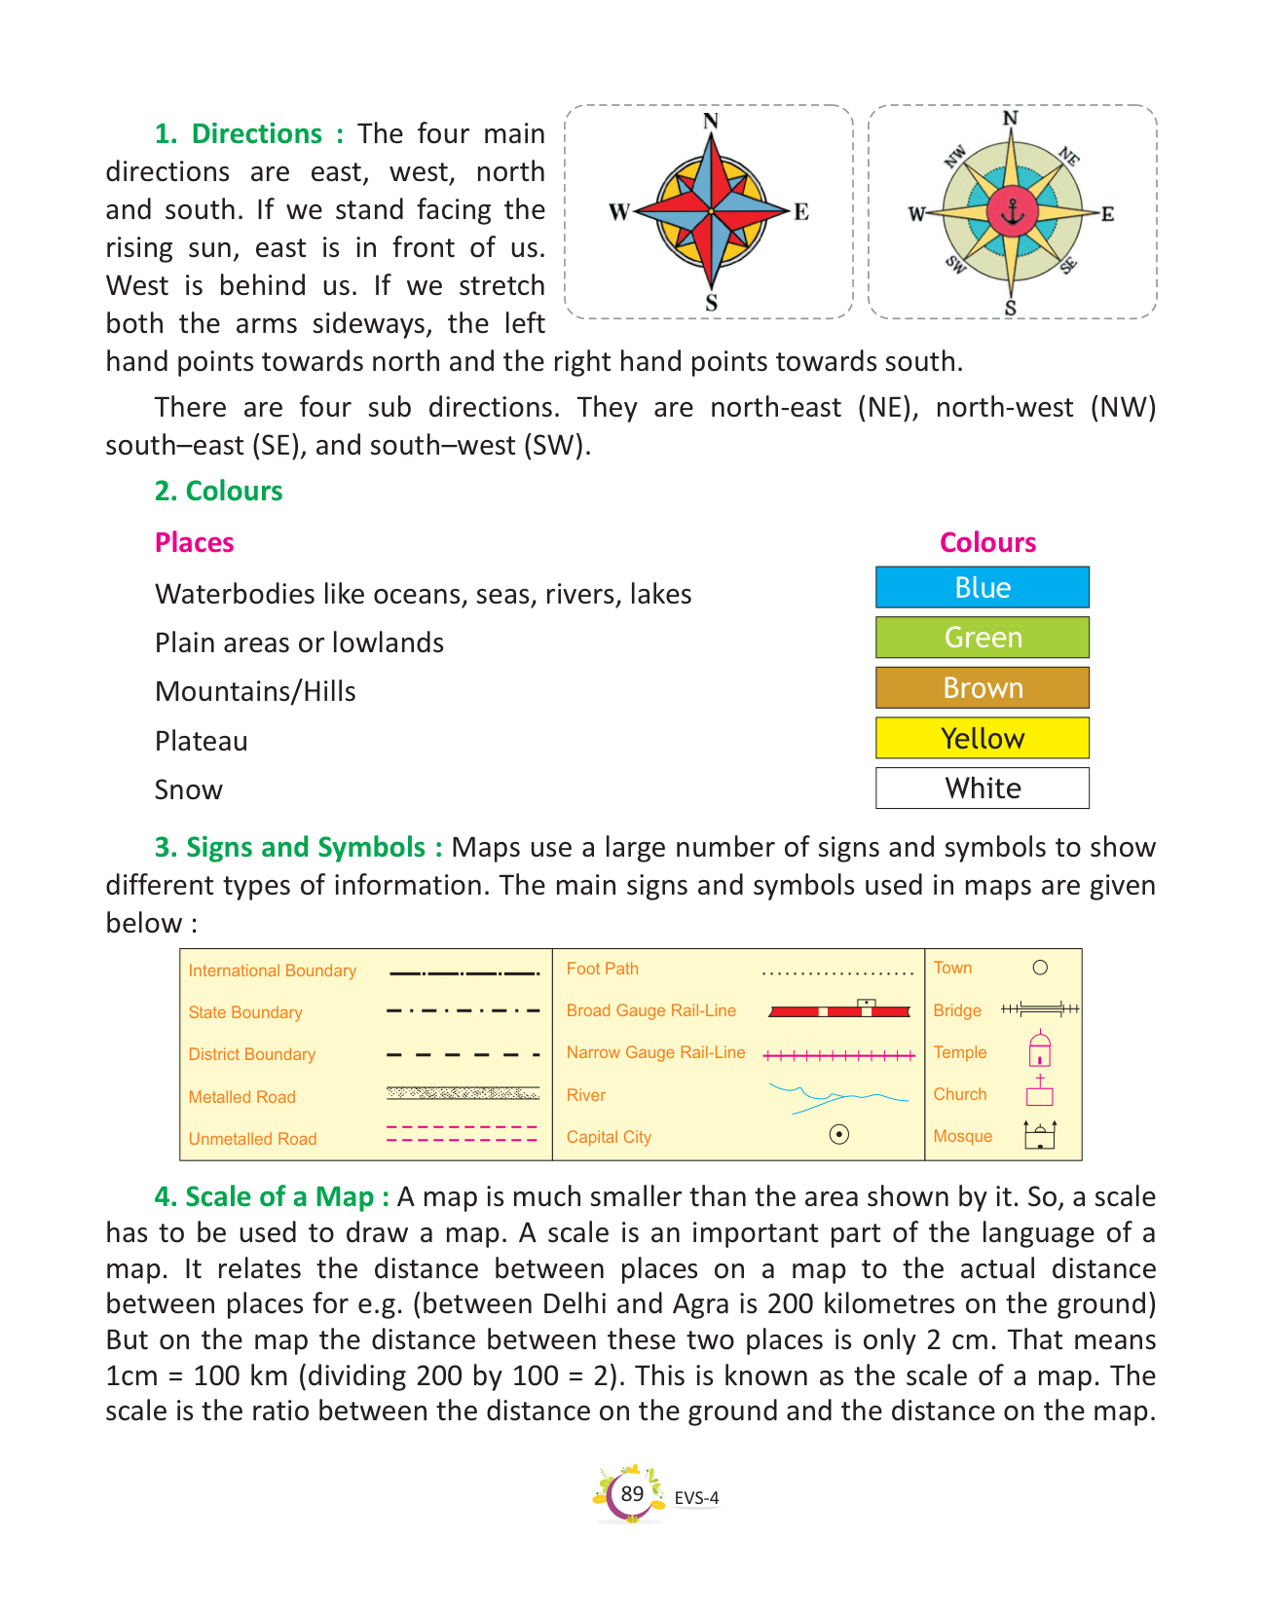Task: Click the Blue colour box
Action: [982, 588]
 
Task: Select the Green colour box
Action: [982, 638]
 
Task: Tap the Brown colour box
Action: [982, 688]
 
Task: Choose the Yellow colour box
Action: [982, 738]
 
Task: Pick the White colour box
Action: [982, 788]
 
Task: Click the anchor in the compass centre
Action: [1013, 211]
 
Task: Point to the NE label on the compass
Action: [1069, 157]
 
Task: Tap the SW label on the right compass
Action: [955, 265]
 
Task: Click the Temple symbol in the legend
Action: [1040, 1049]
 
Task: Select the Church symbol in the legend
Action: [1040, 1091]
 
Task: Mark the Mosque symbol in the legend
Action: [1040, 1135]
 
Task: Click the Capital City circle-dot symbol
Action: [838, 1134]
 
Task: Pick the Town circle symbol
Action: [1040, 968]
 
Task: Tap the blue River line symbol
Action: [837, 1097]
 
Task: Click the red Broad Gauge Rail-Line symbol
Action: [838, 1011]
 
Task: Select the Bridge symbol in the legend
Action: [1040, 1009]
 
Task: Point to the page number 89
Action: [632, 1493]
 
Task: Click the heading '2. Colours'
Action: [218, 491]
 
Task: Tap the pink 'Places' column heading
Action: [194, 542]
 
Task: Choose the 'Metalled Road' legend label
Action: [241, 1097]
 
